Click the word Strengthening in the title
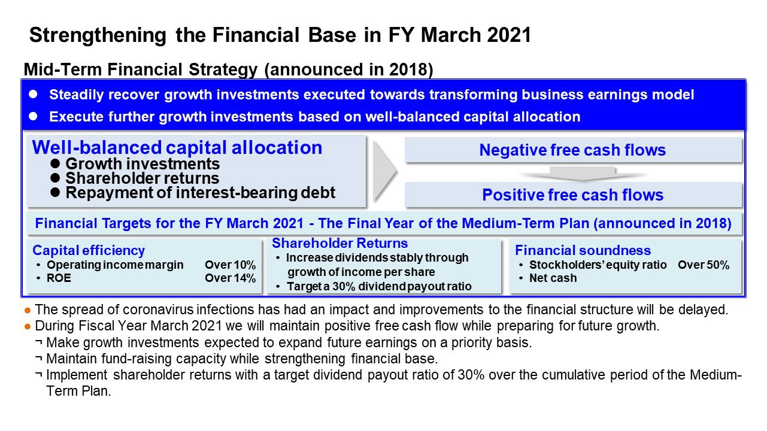click(x=98, y=35)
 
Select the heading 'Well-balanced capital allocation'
click(x=177, y=147)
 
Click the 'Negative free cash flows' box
click(x=573, y=150)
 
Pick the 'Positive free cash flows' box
click(x=573, y=195)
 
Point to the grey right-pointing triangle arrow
click(x=385, y=171)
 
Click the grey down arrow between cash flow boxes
click(x=583, y=174)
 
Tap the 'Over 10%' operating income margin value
click(x=230, y=265)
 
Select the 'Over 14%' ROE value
click(x=230, y=278)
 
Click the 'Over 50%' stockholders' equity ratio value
click(x=704, y=265)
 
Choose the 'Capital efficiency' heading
click(x=89, y=251)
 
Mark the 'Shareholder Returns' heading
click(x=339, y=243)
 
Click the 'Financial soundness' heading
click(x=583, y=251)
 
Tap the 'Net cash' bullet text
click(x=553, y=278)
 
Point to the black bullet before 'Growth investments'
click(x=55, y=163)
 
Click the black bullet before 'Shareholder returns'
click(x=55, y=178)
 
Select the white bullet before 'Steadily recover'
click(x=33, y=94)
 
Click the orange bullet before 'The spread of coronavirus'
click(x=28, y=311)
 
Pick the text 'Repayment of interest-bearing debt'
click(x=201, y=193)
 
